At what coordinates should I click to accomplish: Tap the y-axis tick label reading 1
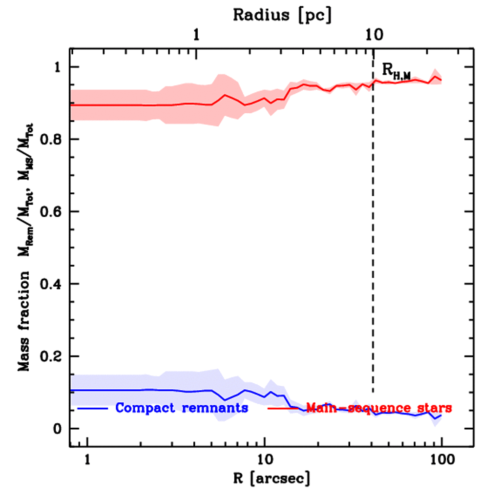point(60,67)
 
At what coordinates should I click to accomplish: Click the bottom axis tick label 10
point(265,460)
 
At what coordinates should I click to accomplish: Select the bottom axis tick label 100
point(441,460)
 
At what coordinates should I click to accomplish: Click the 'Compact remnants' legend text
point(182,408)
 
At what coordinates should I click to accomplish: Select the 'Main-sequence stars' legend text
point(378,408)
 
